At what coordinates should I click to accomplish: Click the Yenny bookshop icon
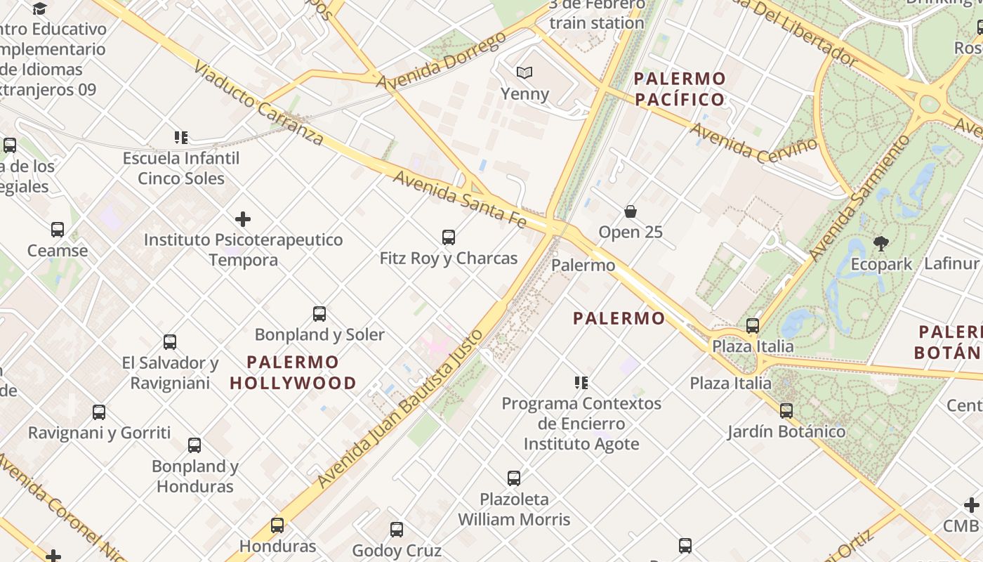pyautogui.click(x=524, y=72)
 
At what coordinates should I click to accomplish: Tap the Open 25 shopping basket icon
pyautogui.click(x=631, y=211)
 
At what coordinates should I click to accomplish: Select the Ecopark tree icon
pyautogui.click(x=880, y=244)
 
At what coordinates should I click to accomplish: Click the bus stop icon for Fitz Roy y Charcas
pyautogui.click(x=449, y=237)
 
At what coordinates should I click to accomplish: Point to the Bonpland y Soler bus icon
pyautogui.click(x=319, y=314)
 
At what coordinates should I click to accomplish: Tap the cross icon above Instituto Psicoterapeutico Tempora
pyautogui.click(x=243, y=219)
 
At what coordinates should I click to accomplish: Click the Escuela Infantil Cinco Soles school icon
pyautogui.click(x=181, y=138)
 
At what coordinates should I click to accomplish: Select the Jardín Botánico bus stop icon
pyautogui.click(x=786, y=411)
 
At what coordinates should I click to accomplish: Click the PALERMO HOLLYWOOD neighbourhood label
pyautogui.click(x=293, y=373)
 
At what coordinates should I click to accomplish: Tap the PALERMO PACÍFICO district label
pyautogui.click(x=680, y=89)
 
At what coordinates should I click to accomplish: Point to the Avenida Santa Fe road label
pyautogui.click(x=460, y=200)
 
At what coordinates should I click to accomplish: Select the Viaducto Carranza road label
pyautogui.click(x=258, y=103)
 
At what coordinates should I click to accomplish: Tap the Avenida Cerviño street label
pyautogui.click(x=754, y=141)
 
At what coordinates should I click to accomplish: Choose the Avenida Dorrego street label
pyautogui.click(x=442, y=61)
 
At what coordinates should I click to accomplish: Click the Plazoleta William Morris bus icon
pyautogui.click(x=514, y=478)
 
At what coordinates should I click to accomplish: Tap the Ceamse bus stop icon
pyautogui.click(x=58, y=230)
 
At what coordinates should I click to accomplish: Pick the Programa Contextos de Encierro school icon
pyautogui.click(x=581, y=383)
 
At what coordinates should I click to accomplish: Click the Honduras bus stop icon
pyautogui.click(x=277, y=525)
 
